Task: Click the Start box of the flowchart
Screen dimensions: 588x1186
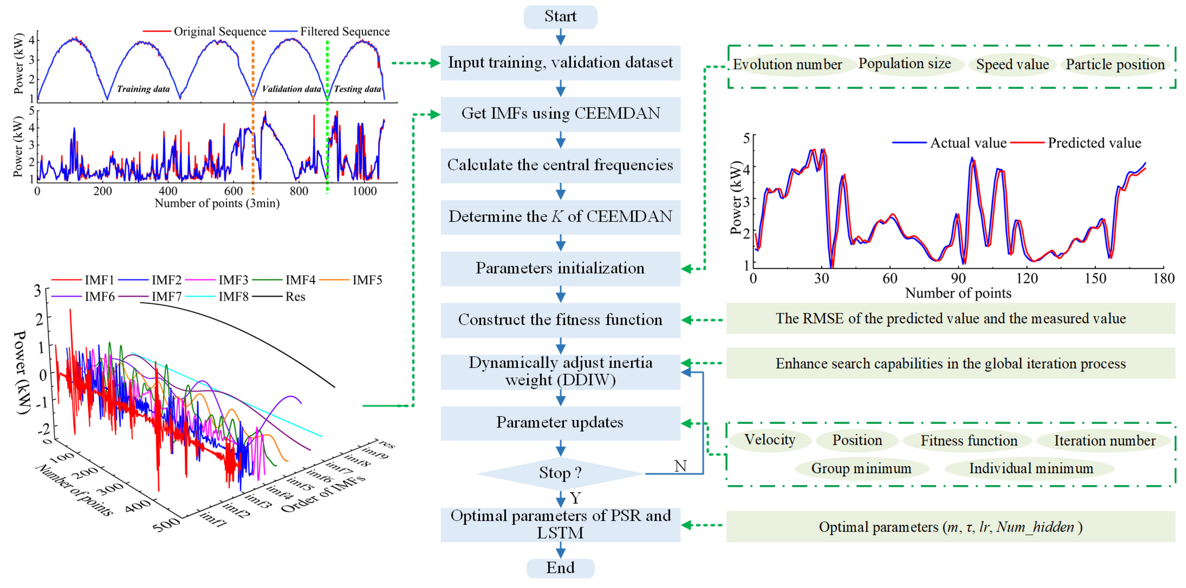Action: (x=560, y=17)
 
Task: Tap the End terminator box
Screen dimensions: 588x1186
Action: (x=560, y=568)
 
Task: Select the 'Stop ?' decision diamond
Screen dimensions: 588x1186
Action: (x=560, y=473)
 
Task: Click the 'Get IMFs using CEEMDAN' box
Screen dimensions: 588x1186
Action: (x=560, y=114)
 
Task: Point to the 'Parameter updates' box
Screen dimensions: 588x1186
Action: (x=560, y=423)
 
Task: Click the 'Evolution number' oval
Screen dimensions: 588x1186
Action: (x=787, y=64)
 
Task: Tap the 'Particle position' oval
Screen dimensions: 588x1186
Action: (x=1115, y=64)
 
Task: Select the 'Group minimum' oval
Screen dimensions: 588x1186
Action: (x=861, y=469)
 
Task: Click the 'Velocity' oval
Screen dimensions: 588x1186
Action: (x=770, y=440)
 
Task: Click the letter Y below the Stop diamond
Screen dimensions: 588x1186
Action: (x=576, y=498)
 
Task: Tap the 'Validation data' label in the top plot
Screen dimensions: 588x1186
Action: (x=291, y=89)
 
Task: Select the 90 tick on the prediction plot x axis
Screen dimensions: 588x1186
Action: (x=958, y=279)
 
